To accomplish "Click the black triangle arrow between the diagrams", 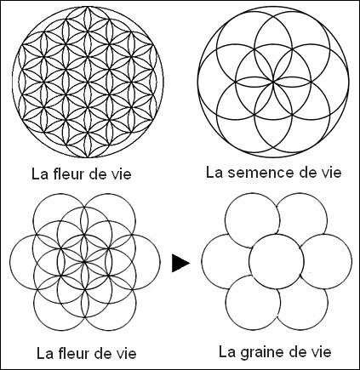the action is (x=180, y=263).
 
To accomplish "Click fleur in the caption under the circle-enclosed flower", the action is (x=69, y=174).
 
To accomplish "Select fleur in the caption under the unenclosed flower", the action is (x=74, y=353).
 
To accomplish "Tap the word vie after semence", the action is (x=329, y=173).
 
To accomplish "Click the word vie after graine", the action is (x=319, y=352).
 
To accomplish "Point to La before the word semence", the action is (x=214, y=173).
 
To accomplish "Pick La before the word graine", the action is (x=226, y=352).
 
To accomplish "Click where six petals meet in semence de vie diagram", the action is (x=273, y=82).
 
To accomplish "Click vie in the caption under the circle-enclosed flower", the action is (x=119, y=174).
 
